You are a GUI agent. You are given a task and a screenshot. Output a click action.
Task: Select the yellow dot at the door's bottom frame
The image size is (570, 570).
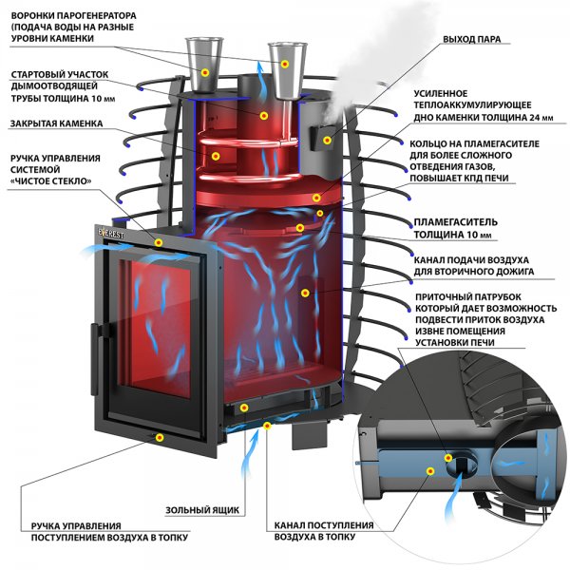tap(158, 436)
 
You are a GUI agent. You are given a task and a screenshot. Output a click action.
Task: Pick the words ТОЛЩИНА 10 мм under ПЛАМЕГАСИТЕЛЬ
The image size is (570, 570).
tap(453, 235)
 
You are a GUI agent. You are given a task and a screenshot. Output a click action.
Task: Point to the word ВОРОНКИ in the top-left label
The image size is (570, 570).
tap(34, 16)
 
